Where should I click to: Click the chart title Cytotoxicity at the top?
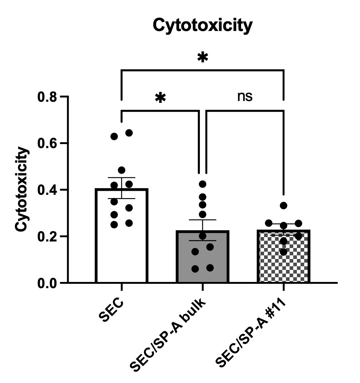pos(202,26)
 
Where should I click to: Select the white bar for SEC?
pos(121,255)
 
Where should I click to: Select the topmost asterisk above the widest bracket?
pos(202,57)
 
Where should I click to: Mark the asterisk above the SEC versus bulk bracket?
pos(160,97)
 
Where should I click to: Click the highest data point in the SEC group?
pos(129,133)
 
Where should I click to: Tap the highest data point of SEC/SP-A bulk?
pos(203,183)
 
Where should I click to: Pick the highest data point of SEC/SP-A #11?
pos(283,205)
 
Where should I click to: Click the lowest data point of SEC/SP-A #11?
pos(283,252)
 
